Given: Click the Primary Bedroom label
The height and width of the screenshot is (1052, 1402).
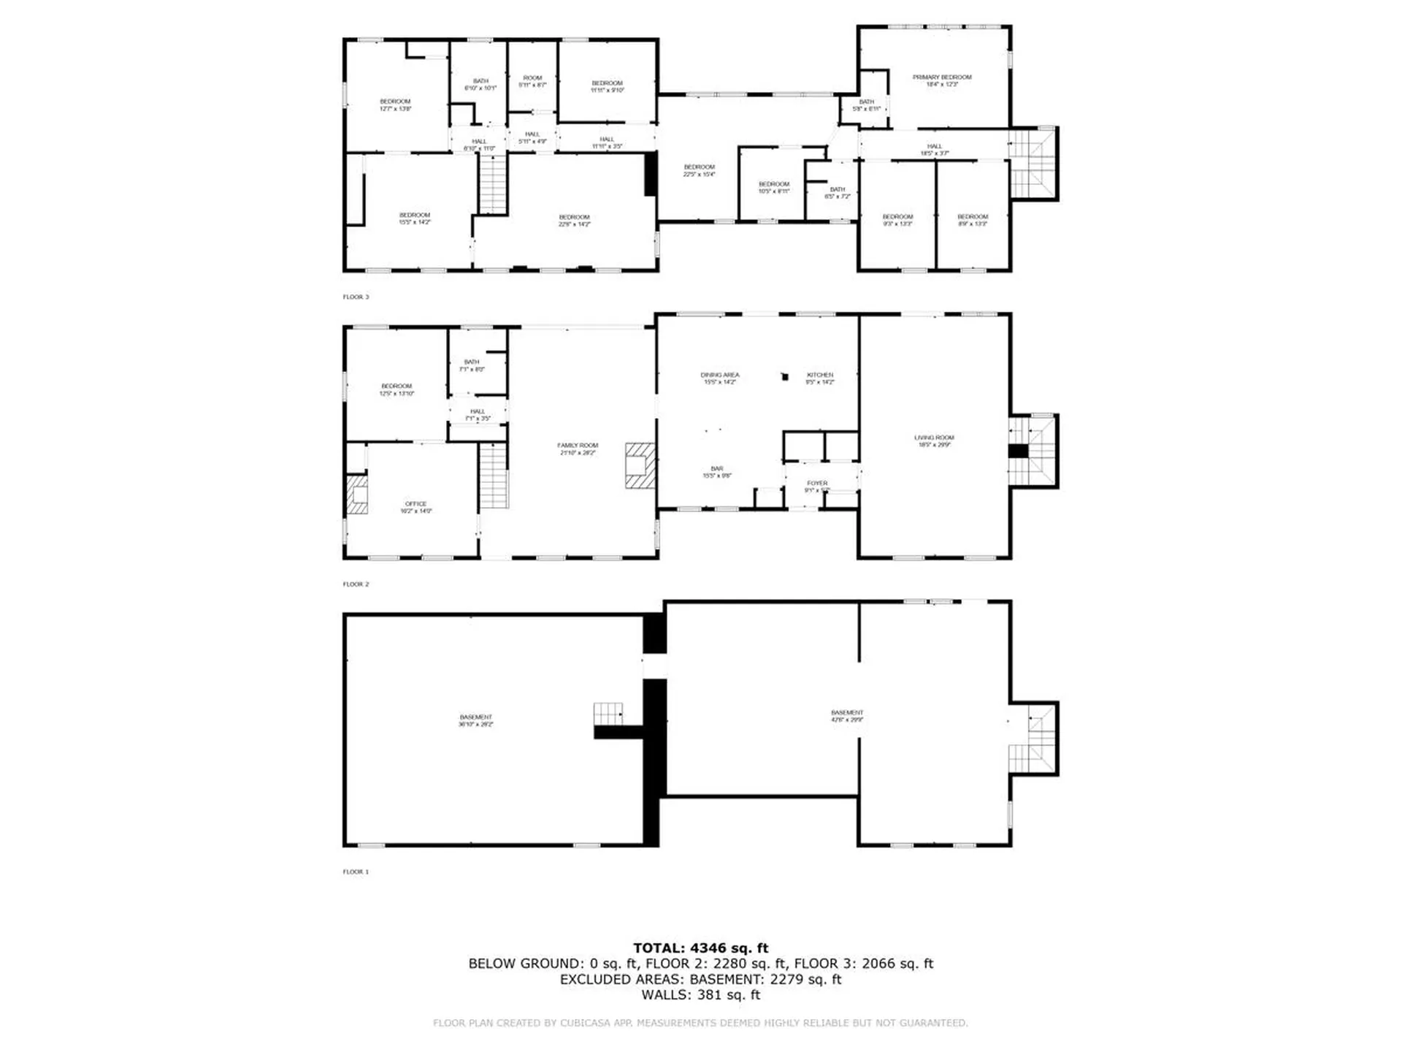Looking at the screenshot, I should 941,80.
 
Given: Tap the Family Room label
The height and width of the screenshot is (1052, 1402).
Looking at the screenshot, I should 578,449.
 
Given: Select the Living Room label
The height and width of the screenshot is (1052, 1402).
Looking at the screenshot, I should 933,441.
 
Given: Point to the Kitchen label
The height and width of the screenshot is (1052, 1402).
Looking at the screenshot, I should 819,378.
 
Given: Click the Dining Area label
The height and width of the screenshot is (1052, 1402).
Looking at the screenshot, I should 719,378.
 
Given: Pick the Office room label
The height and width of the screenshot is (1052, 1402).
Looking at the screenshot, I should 415,507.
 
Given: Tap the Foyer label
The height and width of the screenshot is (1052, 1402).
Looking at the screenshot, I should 817,487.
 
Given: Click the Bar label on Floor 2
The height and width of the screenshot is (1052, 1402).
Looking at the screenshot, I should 717,472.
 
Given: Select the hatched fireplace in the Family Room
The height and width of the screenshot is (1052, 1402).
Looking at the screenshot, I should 640,465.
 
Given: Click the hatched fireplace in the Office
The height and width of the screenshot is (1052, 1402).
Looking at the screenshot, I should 357,495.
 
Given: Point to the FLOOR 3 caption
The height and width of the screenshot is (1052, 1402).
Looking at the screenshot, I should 356,297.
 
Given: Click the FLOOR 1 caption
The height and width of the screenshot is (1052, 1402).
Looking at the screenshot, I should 356,872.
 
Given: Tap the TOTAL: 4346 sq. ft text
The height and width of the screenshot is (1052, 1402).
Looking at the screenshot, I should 700,948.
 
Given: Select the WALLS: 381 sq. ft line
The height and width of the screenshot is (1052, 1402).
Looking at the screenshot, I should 700,995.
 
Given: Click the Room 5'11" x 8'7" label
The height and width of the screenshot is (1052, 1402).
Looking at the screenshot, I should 532,81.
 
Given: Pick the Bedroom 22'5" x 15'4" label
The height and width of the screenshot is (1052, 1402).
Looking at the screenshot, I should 699,171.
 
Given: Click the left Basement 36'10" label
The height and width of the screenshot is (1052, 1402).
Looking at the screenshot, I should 475,720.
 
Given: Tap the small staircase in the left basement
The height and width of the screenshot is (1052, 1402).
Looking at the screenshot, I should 608,713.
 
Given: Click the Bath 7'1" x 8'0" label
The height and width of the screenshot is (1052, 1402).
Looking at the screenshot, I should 472,365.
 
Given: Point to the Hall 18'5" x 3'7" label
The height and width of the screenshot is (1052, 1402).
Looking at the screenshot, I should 934,150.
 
